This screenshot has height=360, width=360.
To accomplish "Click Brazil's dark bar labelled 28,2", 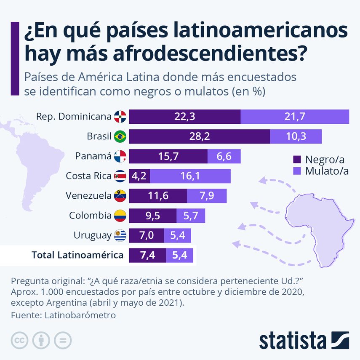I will coord(199,136).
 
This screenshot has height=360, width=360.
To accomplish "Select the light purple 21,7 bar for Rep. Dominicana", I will coord(294,117).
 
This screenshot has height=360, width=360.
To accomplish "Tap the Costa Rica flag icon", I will coord(120,176).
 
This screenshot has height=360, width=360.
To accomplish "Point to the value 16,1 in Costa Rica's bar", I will coord(190,176).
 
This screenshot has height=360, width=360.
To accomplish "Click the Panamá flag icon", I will coord(120,156).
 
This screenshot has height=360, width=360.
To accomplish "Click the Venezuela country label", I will coord(88,196).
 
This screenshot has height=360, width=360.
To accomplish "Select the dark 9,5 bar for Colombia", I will coord(152,216).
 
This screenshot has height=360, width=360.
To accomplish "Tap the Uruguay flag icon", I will coord(120,235).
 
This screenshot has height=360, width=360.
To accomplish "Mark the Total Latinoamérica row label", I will coord(77,255).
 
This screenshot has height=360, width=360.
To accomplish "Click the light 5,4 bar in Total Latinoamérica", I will coord(179,255).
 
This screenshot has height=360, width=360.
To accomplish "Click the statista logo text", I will coord(293,340).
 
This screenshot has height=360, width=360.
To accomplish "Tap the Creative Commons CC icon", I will coord(19,340).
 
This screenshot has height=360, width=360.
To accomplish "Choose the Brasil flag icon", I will coord(120,136).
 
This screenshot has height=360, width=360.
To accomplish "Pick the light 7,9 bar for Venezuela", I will coord(206,196).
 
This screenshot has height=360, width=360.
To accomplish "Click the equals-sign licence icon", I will coord(63,340).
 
